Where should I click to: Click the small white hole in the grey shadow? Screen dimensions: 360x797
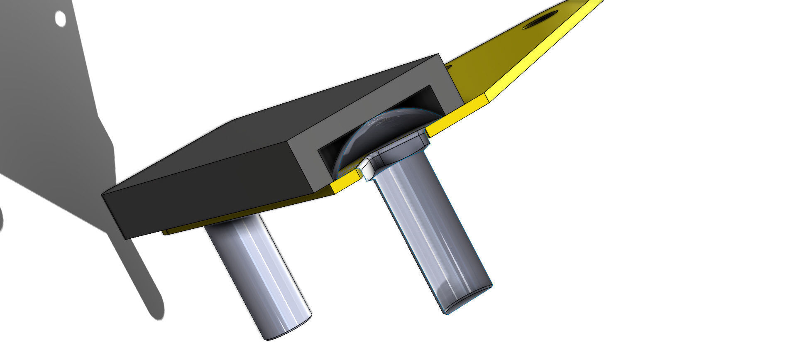coord(60,18)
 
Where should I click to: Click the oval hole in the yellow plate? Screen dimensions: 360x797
coord(540,20)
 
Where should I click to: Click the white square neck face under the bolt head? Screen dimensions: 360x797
coord(366,168)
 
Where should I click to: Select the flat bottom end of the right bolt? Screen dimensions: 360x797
coord(468,300)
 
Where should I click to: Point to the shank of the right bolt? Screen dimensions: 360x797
coord(432,233)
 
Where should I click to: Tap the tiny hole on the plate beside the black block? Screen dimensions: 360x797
coord(448,66)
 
